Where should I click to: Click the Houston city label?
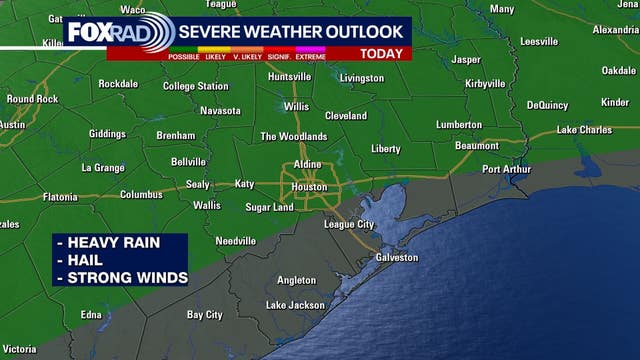click(x=308, y=187)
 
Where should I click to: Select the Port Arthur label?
click(x=509, y=169)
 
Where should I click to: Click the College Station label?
click(x=195, y=86)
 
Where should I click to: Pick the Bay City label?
click(x=205, y=314)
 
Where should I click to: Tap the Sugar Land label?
click(x=269, y=207)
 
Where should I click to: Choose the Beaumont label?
click(x=476, y=145)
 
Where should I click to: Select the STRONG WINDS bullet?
click(x=123, y=277)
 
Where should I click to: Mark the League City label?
click(x=351, y=224)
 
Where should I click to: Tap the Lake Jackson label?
click(x=295, y=305)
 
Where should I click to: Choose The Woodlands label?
click(x=293, y=136)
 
